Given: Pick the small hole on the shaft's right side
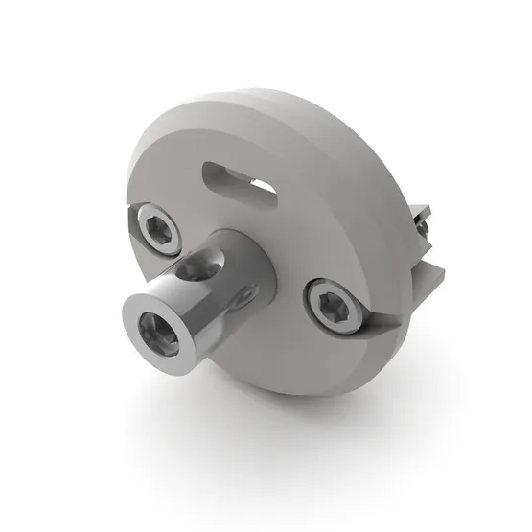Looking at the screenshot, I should click(250, 290).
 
